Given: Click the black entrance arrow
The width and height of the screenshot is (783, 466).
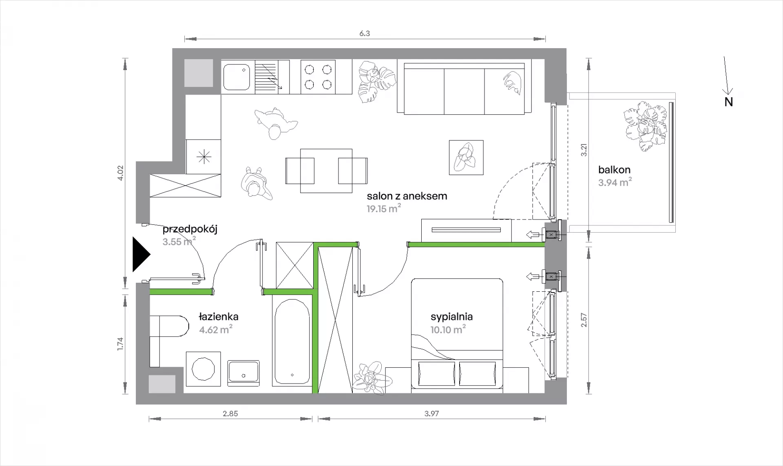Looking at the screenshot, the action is (x=141, y=254).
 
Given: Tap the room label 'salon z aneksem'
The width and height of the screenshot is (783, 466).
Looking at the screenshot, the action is (x=407, y=196).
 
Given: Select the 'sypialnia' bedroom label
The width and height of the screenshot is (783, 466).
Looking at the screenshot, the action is (x=451, y=317).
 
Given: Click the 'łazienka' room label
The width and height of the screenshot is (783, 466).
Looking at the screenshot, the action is (x=219, y=316).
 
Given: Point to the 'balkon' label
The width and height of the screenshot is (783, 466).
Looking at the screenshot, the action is (x=614, y=170).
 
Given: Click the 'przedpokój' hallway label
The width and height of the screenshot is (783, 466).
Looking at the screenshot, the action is (x=190, y=229).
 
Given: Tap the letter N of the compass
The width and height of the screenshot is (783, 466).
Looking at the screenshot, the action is (x=728, y=102).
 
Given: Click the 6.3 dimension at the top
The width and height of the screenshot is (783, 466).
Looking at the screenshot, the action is (x=365, y=33).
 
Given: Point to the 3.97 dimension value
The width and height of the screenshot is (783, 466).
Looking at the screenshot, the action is (x=431, y=413).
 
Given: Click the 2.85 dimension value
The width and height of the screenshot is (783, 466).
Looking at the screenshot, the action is (x=230, y=413).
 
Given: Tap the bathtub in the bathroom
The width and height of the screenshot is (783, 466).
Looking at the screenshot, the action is (x=292, y=342).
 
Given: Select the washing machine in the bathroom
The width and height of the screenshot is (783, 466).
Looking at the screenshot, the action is (x=203, y=369).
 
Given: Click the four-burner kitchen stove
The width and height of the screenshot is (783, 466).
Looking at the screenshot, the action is (x=318, y=77).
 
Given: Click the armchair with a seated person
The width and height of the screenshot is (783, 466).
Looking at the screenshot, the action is (x=466, y=158).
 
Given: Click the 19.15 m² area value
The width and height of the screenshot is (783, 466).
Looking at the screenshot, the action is (x=383, y=209).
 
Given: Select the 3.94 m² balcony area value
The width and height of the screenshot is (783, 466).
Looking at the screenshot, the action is (x=615, y=182).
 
